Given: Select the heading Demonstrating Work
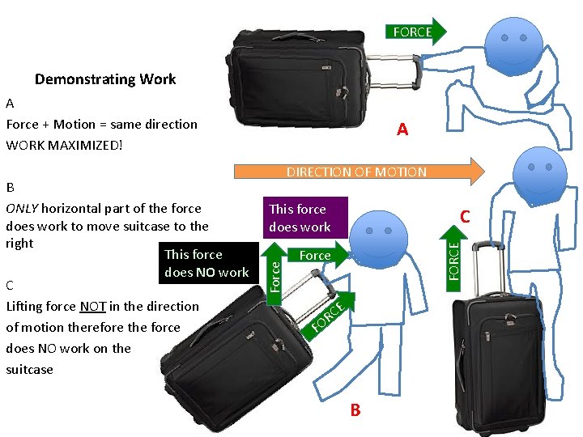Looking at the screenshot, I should point(105,79).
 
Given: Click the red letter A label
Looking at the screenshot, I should point(402,129).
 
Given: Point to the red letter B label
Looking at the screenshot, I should point(355,410).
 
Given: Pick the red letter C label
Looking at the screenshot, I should point(465,216).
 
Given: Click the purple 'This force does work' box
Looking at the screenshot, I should point(299,218).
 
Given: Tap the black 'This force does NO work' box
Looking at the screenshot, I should point(206,264).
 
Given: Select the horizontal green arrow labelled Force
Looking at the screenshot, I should point(317,255).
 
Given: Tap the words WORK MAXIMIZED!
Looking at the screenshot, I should point(64,145).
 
